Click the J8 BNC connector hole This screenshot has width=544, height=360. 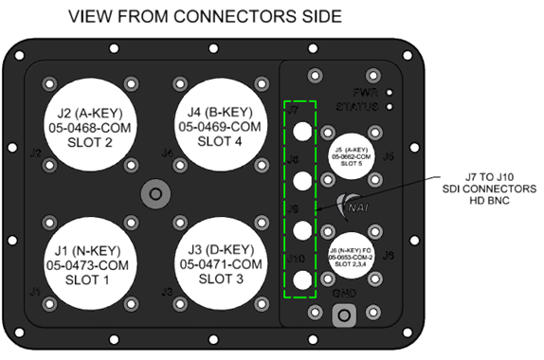[x=301, y=179]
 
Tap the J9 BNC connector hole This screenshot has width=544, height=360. [x=301, y=229]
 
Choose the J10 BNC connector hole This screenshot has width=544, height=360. [x=301, y=279]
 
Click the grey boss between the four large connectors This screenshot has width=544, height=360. [x=153, y=194]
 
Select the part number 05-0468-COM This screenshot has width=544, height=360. [x=93, y=126]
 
